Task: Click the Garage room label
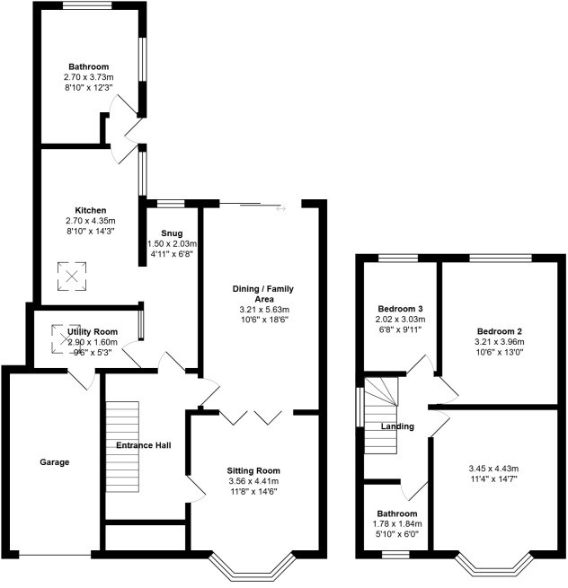pyautogui.click(x=54, y=462)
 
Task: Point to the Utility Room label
pyautogui.click(x=93, y=332)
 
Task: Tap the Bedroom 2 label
pyautogui.click(x=499, y=330)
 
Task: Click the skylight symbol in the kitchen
pyautogui.click(x=71, y=276)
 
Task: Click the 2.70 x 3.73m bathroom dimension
pyautogui.click(x=89, y=78)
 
